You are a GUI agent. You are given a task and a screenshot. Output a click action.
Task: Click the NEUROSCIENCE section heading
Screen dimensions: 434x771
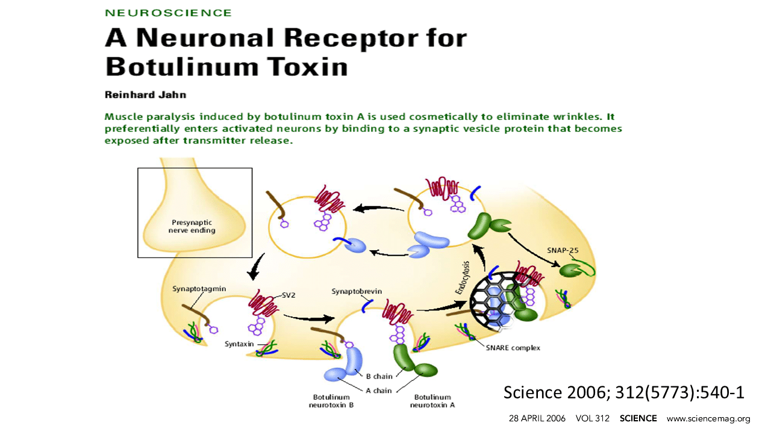pos(168,13)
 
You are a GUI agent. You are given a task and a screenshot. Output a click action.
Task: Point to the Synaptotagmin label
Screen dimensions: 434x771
pos(199,289)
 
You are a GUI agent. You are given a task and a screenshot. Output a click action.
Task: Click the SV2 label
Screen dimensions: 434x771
pos(290,295)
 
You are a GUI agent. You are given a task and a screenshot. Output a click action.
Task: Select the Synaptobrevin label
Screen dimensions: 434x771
pos(357,292)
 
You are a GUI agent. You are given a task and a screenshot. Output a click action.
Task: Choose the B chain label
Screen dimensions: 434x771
pos(379,377)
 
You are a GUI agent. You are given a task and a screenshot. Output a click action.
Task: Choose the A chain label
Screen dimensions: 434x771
pos(379,391)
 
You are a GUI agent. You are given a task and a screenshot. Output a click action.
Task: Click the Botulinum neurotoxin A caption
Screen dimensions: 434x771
pos(432,401)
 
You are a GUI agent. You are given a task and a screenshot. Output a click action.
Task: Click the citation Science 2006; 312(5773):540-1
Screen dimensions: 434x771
pos(624,392)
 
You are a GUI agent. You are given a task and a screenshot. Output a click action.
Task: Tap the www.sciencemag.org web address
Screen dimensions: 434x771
pos(708,418)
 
